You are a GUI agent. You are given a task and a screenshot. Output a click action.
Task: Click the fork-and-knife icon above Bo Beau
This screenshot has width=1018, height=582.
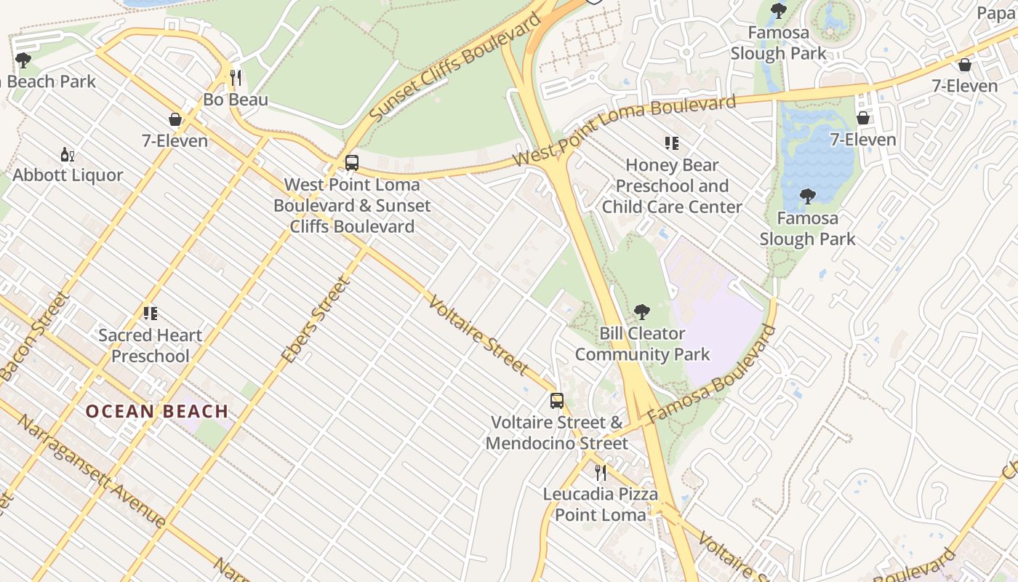point(235,78)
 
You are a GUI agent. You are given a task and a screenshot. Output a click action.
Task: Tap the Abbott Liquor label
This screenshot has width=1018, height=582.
point(68,175)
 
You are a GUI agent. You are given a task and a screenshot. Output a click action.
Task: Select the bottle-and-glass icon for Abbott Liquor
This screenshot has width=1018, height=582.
point(68,154)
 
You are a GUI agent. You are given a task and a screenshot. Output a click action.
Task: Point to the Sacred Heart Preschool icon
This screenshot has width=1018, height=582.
point(151,314)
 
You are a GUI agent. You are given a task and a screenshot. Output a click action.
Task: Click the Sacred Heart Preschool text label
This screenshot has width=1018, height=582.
point(151,346)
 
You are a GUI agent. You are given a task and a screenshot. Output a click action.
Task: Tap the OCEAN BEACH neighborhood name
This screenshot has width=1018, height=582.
point(157,411)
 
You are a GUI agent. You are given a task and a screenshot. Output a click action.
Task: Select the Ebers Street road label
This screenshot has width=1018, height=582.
point(316,320)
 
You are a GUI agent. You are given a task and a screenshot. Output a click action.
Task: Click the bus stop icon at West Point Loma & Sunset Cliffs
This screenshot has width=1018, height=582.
point(352,163)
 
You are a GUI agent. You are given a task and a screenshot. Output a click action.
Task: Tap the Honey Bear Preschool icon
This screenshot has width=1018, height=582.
point(671,143)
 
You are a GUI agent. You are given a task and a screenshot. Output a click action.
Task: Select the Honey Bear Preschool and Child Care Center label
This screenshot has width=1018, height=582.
point(671,186)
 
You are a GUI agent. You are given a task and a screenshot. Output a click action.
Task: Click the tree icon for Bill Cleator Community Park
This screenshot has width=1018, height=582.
point(641,312)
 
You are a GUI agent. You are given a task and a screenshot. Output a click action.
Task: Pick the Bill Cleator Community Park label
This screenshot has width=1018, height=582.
point(641,344)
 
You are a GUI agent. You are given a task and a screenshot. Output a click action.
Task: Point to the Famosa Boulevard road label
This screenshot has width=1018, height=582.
point(711,374)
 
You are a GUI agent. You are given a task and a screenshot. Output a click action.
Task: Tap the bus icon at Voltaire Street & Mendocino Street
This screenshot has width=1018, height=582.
point(556,400)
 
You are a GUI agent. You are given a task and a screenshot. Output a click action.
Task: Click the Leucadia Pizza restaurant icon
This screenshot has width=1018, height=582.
point(600,473)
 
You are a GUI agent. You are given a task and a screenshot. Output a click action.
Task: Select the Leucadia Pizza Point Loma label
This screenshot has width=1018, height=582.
point(600,504)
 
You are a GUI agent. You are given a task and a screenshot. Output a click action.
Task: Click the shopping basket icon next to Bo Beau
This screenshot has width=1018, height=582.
point(175,119)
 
